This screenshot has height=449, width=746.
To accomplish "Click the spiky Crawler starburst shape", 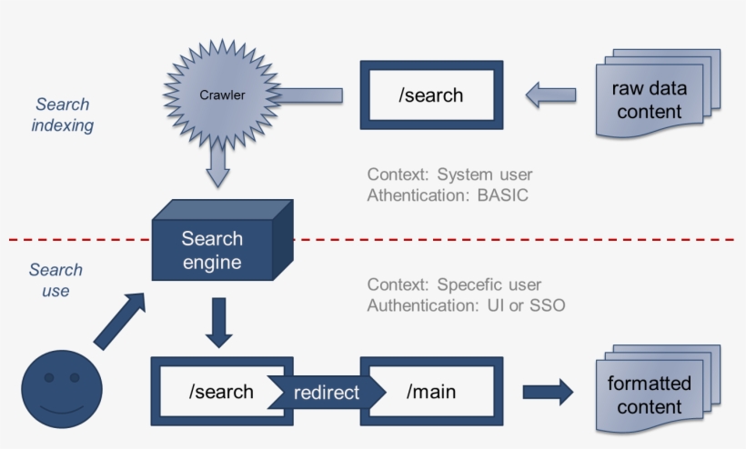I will point(222,95).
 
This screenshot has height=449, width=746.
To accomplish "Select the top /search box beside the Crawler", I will point(431,95).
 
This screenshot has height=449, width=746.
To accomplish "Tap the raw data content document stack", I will point(654,100).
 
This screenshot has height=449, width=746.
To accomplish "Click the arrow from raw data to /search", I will point(550,95).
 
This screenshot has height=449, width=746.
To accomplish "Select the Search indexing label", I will point(63,115).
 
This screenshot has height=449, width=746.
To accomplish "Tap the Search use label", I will point(55,280).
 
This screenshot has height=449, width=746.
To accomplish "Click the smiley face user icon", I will point(62,390).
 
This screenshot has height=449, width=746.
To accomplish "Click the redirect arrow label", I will point(326,393).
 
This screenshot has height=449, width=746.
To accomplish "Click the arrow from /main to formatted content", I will point(547,392).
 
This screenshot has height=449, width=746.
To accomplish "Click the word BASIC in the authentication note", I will point(502,195).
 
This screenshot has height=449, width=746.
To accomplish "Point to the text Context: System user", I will point(449,175).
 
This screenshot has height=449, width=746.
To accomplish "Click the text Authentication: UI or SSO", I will point(466,305).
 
